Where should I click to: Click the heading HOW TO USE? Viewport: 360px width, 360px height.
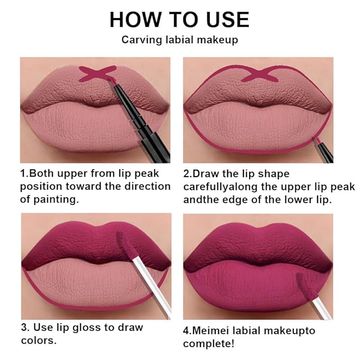point(179,20)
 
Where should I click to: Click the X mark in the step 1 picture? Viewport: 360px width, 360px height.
point(98,73)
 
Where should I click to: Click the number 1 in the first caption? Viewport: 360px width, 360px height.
point(23,174)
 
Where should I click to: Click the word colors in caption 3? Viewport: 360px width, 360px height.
point(38,340)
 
